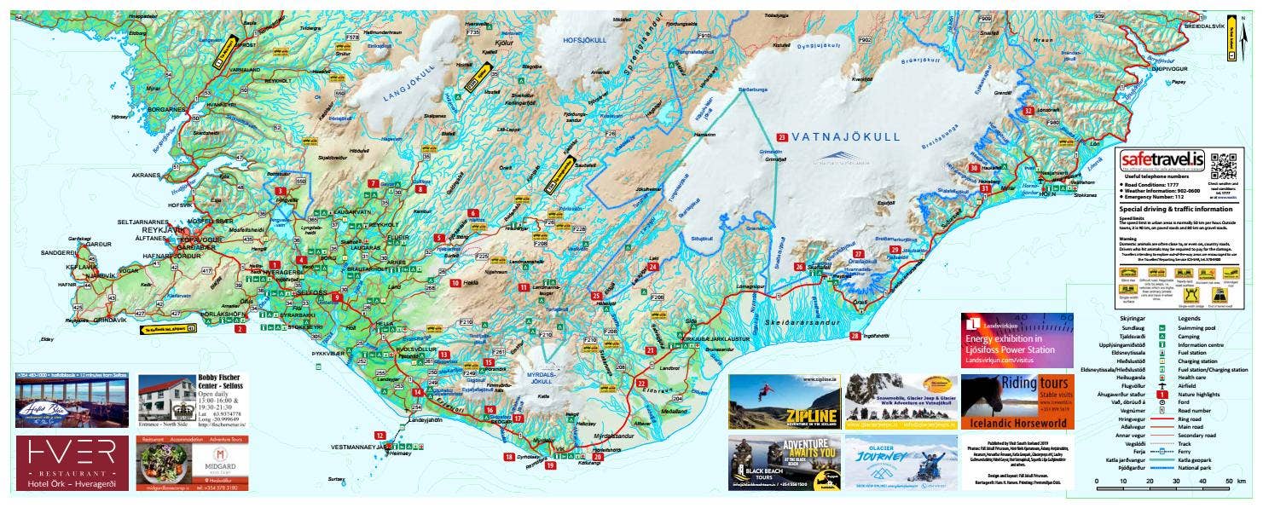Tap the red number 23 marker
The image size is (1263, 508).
coord(782,136)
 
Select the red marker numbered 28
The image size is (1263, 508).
coord(855,336)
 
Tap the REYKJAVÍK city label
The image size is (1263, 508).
coord(162,230)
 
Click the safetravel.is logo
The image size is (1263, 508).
coord(1161,160)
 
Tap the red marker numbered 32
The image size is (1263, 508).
coord(1028,112)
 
